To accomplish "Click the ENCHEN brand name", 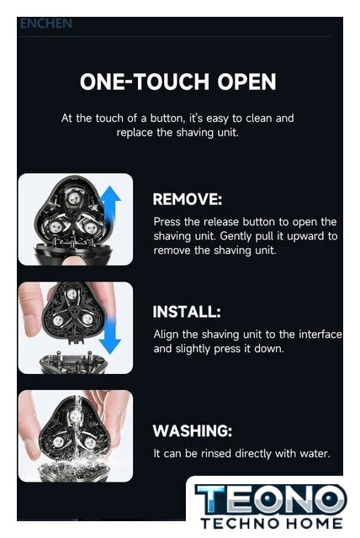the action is [x=46, y=24].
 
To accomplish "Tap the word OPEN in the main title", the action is [x=246, y=82].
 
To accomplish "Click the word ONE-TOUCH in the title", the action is [x=144, y=82].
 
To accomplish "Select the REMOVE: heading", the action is [x=187, y=199].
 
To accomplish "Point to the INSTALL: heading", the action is [x=187, y=312].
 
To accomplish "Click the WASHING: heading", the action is [x=192, y=430].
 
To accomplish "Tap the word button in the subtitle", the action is [x=167, y=119].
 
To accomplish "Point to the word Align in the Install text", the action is [x=166, y=335].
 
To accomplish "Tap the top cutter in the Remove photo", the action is [x=73, y=198].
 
